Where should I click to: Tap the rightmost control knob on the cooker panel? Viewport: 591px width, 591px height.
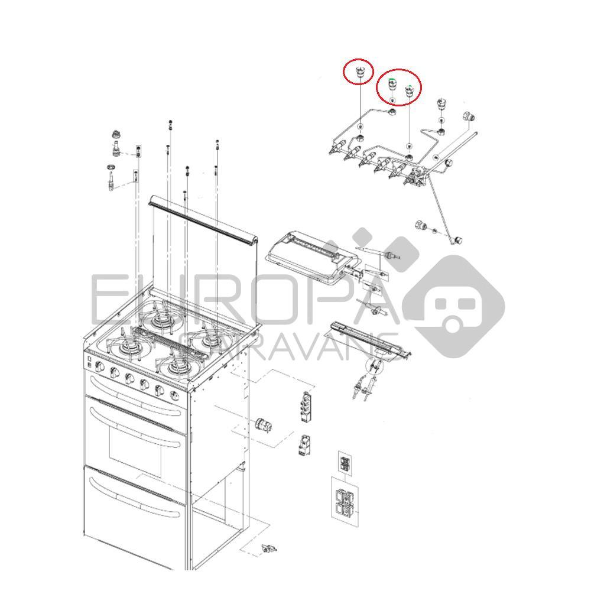[175, 395]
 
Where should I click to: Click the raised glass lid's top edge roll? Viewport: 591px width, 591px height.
[204, 222]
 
